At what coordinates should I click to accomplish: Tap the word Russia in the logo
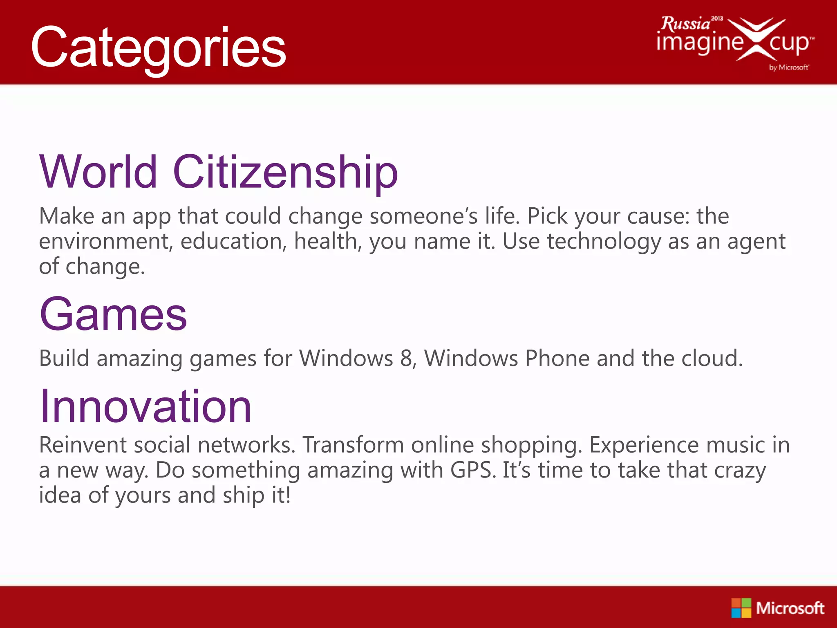point(685,24)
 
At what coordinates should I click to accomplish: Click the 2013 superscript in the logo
point(717,18)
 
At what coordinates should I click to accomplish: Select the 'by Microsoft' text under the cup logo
point(788,67)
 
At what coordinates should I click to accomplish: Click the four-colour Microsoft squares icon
point(741,608)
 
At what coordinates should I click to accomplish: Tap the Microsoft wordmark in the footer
point(790,608)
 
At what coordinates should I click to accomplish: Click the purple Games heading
point(113,314)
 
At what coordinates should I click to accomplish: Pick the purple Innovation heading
point(145,406)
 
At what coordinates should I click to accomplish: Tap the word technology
point(604,241)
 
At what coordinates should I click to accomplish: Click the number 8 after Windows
point(407,358)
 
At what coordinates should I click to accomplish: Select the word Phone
point(557,358)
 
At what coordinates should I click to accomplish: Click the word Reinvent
point(83,445)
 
